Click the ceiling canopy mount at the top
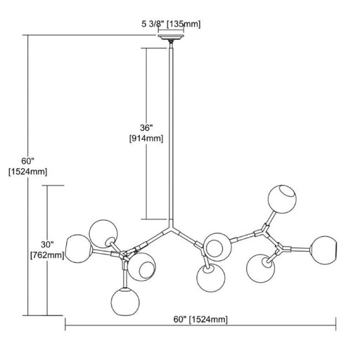171,37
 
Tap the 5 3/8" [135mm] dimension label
171,24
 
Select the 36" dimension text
146,128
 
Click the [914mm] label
146,139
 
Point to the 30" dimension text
47,245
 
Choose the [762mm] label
47,255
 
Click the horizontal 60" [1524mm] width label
200,319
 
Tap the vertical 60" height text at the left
28,161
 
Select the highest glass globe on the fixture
282,199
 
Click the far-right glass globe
323,250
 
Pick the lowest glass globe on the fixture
125,302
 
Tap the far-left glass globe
79,248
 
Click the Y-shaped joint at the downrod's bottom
172,229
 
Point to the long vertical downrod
172,134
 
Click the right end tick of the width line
336,324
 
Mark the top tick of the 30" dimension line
53,186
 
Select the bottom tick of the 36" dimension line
155,219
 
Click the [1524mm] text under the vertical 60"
28,172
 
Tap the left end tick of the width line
65,324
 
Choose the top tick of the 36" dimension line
154,48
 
